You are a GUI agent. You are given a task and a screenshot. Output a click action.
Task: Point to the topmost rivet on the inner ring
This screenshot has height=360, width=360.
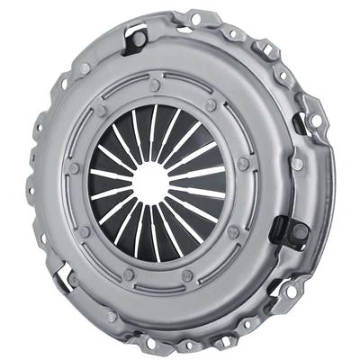pos(155,86)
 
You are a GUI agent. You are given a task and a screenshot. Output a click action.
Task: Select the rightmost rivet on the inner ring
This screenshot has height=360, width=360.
pos(243,165)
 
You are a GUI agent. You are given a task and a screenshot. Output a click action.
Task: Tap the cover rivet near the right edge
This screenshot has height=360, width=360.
pos(297,164)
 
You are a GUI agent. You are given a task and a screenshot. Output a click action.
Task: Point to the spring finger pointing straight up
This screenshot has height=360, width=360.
pos(154,126)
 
